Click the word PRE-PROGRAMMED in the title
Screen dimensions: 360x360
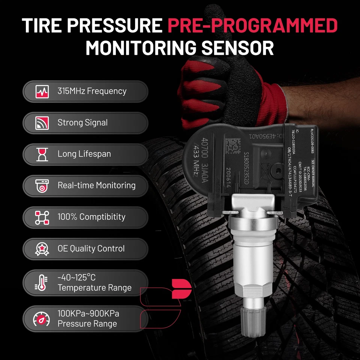[252, 25]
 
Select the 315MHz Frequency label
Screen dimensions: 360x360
[92, 91]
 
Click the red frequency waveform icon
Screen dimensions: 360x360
[42, 91]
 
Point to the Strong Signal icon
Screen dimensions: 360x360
[42, 123]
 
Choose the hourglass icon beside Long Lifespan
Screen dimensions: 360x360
[42, 154]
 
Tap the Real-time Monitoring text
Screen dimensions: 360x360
[96, 185]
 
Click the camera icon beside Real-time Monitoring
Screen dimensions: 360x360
[42, 186]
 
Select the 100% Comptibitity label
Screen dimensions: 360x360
[91, 217]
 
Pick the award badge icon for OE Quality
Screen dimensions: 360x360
[42, 249]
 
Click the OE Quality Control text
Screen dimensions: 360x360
[91, 248]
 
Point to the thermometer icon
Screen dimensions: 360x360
[41, 283]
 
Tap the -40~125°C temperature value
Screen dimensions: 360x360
[76, 277]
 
